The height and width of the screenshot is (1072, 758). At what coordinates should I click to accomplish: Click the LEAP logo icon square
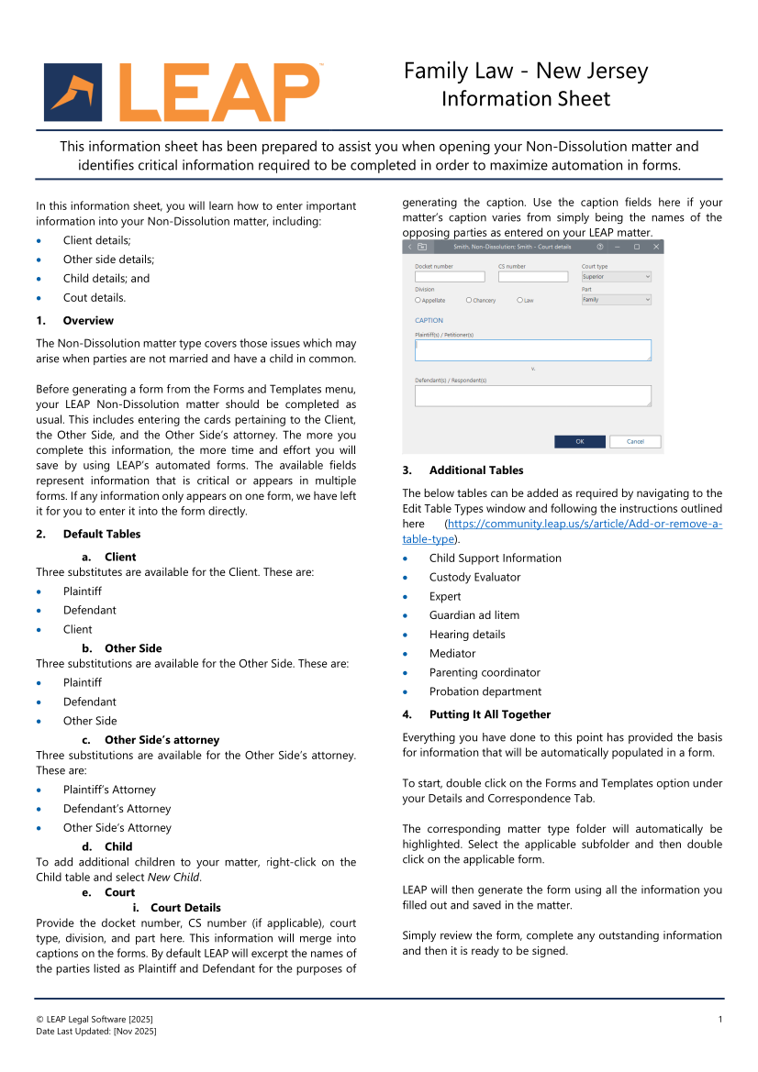(x=72, y=93)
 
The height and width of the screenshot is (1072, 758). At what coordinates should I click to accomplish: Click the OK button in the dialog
(x=579, y=441)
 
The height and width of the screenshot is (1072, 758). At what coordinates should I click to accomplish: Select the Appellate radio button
(x=418, y=300)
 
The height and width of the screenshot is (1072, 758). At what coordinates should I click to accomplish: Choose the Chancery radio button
(x=469, y=300)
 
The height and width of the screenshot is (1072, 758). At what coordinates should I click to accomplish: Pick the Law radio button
(x=520, y=300)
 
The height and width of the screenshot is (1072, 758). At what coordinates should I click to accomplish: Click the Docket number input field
(x=450, y=277)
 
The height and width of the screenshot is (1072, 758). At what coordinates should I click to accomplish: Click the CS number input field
(x=533, y=277)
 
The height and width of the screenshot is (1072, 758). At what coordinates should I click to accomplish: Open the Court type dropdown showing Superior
(x=616, y=277)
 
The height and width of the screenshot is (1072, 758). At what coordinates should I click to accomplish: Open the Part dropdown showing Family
(x=616, y=300)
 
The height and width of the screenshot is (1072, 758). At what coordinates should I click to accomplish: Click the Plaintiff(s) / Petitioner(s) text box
(x=532, y=350)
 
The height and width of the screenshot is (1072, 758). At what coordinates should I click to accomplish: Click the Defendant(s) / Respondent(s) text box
(x=532, y=395)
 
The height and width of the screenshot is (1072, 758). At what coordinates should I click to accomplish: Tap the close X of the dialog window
(x=655, y=247)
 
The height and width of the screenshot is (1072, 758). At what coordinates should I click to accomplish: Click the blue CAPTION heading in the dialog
(x=429, y=321)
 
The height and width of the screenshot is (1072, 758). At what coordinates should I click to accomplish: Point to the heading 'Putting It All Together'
(x=489, y=714)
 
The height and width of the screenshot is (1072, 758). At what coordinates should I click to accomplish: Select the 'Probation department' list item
(x=485, y=691)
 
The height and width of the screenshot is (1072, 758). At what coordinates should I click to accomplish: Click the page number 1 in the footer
(x=720, y=1019)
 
